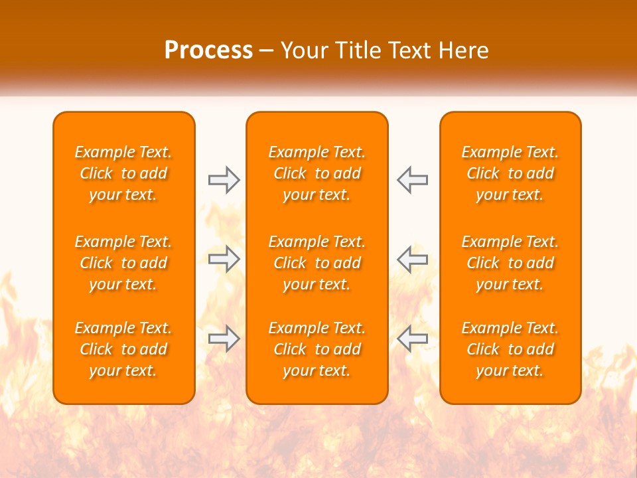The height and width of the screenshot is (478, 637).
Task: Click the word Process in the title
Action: pyautogui.click(x=208, y=50)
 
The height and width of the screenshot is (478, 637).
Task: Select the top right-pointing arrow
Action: pyautogui.click(x=224, y=180)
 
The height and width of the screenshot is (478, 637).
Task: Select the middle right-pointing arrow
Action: pyautogui.click(x=224, y=259)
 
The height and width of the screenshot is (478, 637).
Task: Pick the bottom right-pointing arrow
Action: pyautogui.click(x=224, y=339)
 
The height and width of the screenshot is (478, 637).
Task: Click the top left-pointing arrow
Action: pyautogui.click(x=413, y=180)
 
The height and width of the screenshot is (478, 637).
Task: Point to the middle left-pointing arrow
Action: pyautogui.click(x=413, y=259)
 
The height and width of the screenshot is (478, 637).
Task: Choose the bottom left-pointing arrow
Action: pyautogui.click(x=413, y=339)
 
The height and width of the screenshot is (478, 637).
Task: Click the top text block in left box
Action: pyautogui.click(x=123, y=173)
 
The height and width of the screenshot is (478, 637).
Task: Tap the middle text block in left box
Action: pyautogui.click(x=123, y=263)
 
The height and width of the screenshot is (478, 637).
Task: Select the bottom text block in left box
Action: pyautogui.click(x=123, y=349)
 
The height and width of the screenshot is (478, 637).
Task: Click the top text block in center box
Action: pyautogui.click(x=317, y=173)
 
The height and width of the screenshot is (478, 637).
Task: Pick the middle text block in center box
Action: pyautogui.click(x=317, y=263)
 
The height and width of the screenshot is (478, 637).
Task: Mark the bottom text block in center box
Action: pyautogui.click(x=317, y=349)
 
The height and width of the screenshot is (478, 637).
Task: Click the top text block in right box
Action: pyautogui.click(x=510, y=173)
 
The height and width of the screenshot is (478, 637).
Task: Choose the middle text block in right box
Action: pyautogui.click(x=510, y=263)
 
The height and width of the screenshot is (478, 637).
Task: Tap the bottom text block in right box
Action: pyautogui.click(x=510, y=349)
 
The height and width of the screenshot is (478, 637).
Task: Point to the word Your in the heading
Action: pyautogui.click(x=303, y=50)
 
